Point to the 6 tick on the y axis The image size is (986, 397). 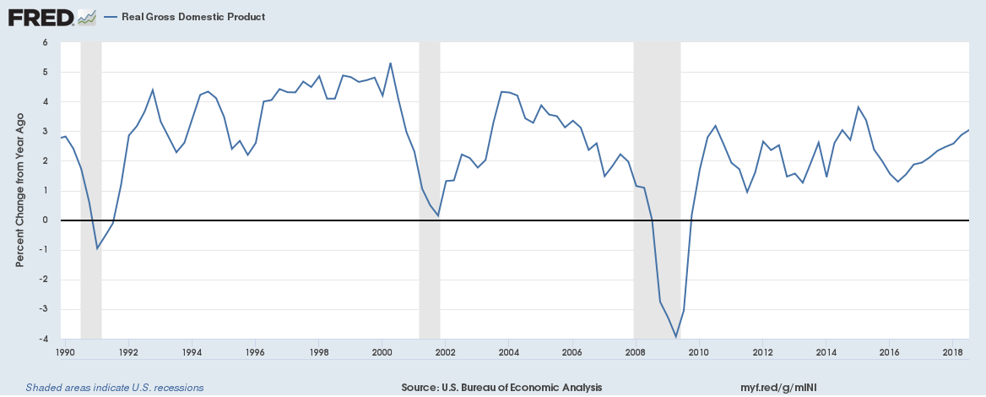(45, 42)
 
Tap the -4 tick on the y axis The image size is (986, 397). (44, 340)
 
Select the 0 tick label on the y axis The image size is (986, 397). (45, 220)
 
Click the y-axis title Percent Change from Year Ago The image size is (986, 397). (19, 191)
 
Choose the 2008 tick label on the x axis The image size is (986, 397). (636, 351)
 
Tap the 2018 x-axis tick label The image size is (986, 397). (953, 351)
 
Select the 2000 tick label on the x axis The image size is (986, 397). (382, 351)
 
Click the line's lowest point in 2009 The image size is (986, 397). (675, 337)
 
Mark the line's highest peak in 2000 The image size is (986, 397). (390, 63)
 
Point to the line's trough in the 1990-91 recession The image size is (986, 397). (97, 248)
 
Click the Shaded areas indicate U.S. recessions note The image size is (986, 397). (115, 388)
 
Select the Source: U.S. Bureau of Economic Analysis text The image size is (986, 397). (501, 388)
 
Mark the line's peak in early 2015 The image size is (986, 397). (858, 107)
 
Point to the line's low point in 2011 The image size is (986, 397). (747, 192)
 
